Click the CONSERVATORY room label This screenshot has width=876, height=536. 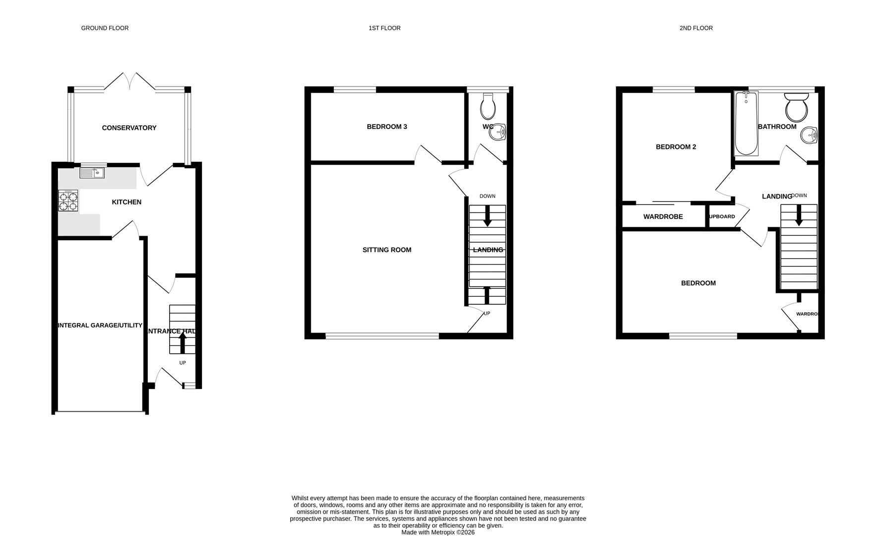[x=129, y=128]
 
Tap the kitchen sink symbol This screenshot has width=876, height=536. [x=92, y=173]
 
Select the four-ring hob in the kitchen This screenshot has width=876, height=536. [x=68, y=201]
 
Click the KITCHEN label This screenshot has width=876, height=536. [x=126, y=202]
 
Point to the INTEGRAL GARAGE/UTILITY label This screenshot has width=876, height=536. [x=100, y=326]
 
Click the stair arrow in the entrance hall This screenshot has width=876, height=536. [x=182, y=342]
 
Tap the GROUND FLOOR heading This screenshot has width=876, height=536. [x=105, y=28]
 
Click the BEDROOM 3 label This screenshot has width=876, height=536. [x=387, y=127]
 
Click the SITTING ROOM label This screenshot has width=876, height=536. [x=387, y=250]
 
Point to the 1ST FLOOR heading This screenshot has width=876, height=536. [x=384, y=28]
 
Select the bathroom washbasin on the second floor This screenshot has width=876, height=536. [x=811, y=134]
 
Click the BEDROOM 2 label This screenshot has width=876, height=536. [x=676, y=147]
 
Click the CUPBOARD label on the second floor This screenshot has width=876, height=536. [x=722, y=217]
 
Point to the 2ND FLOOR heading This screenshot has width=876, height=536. [x=696, y=28]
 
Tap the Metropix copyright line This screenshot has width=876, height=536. [x=438, y=532]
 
